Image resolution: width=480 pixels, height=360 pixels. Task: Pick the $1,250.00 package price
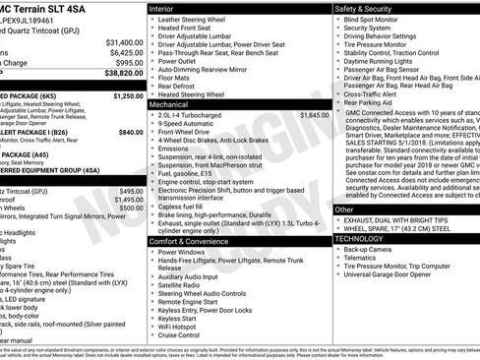128,96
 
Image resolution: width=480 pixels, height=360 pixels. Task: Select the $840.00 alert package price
130,131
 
